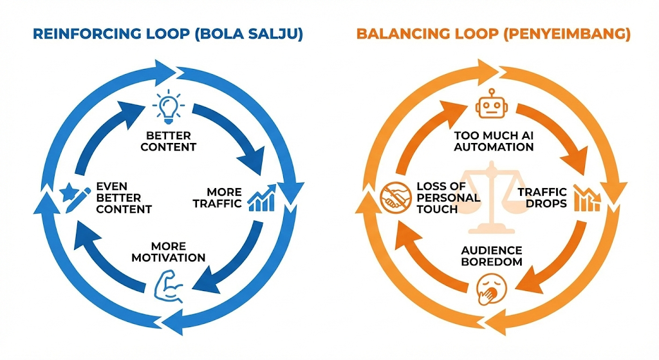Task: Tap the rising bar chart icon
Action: pyautogui.click(x=263, y=198)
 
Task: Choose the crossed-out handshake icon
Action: pyautogui.click(x=394, y=198)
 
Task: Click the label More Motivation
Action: pyautogui.click(x=169, y=252)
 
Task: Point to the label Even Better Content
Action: pyautogui.click(x=123, y=198)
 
